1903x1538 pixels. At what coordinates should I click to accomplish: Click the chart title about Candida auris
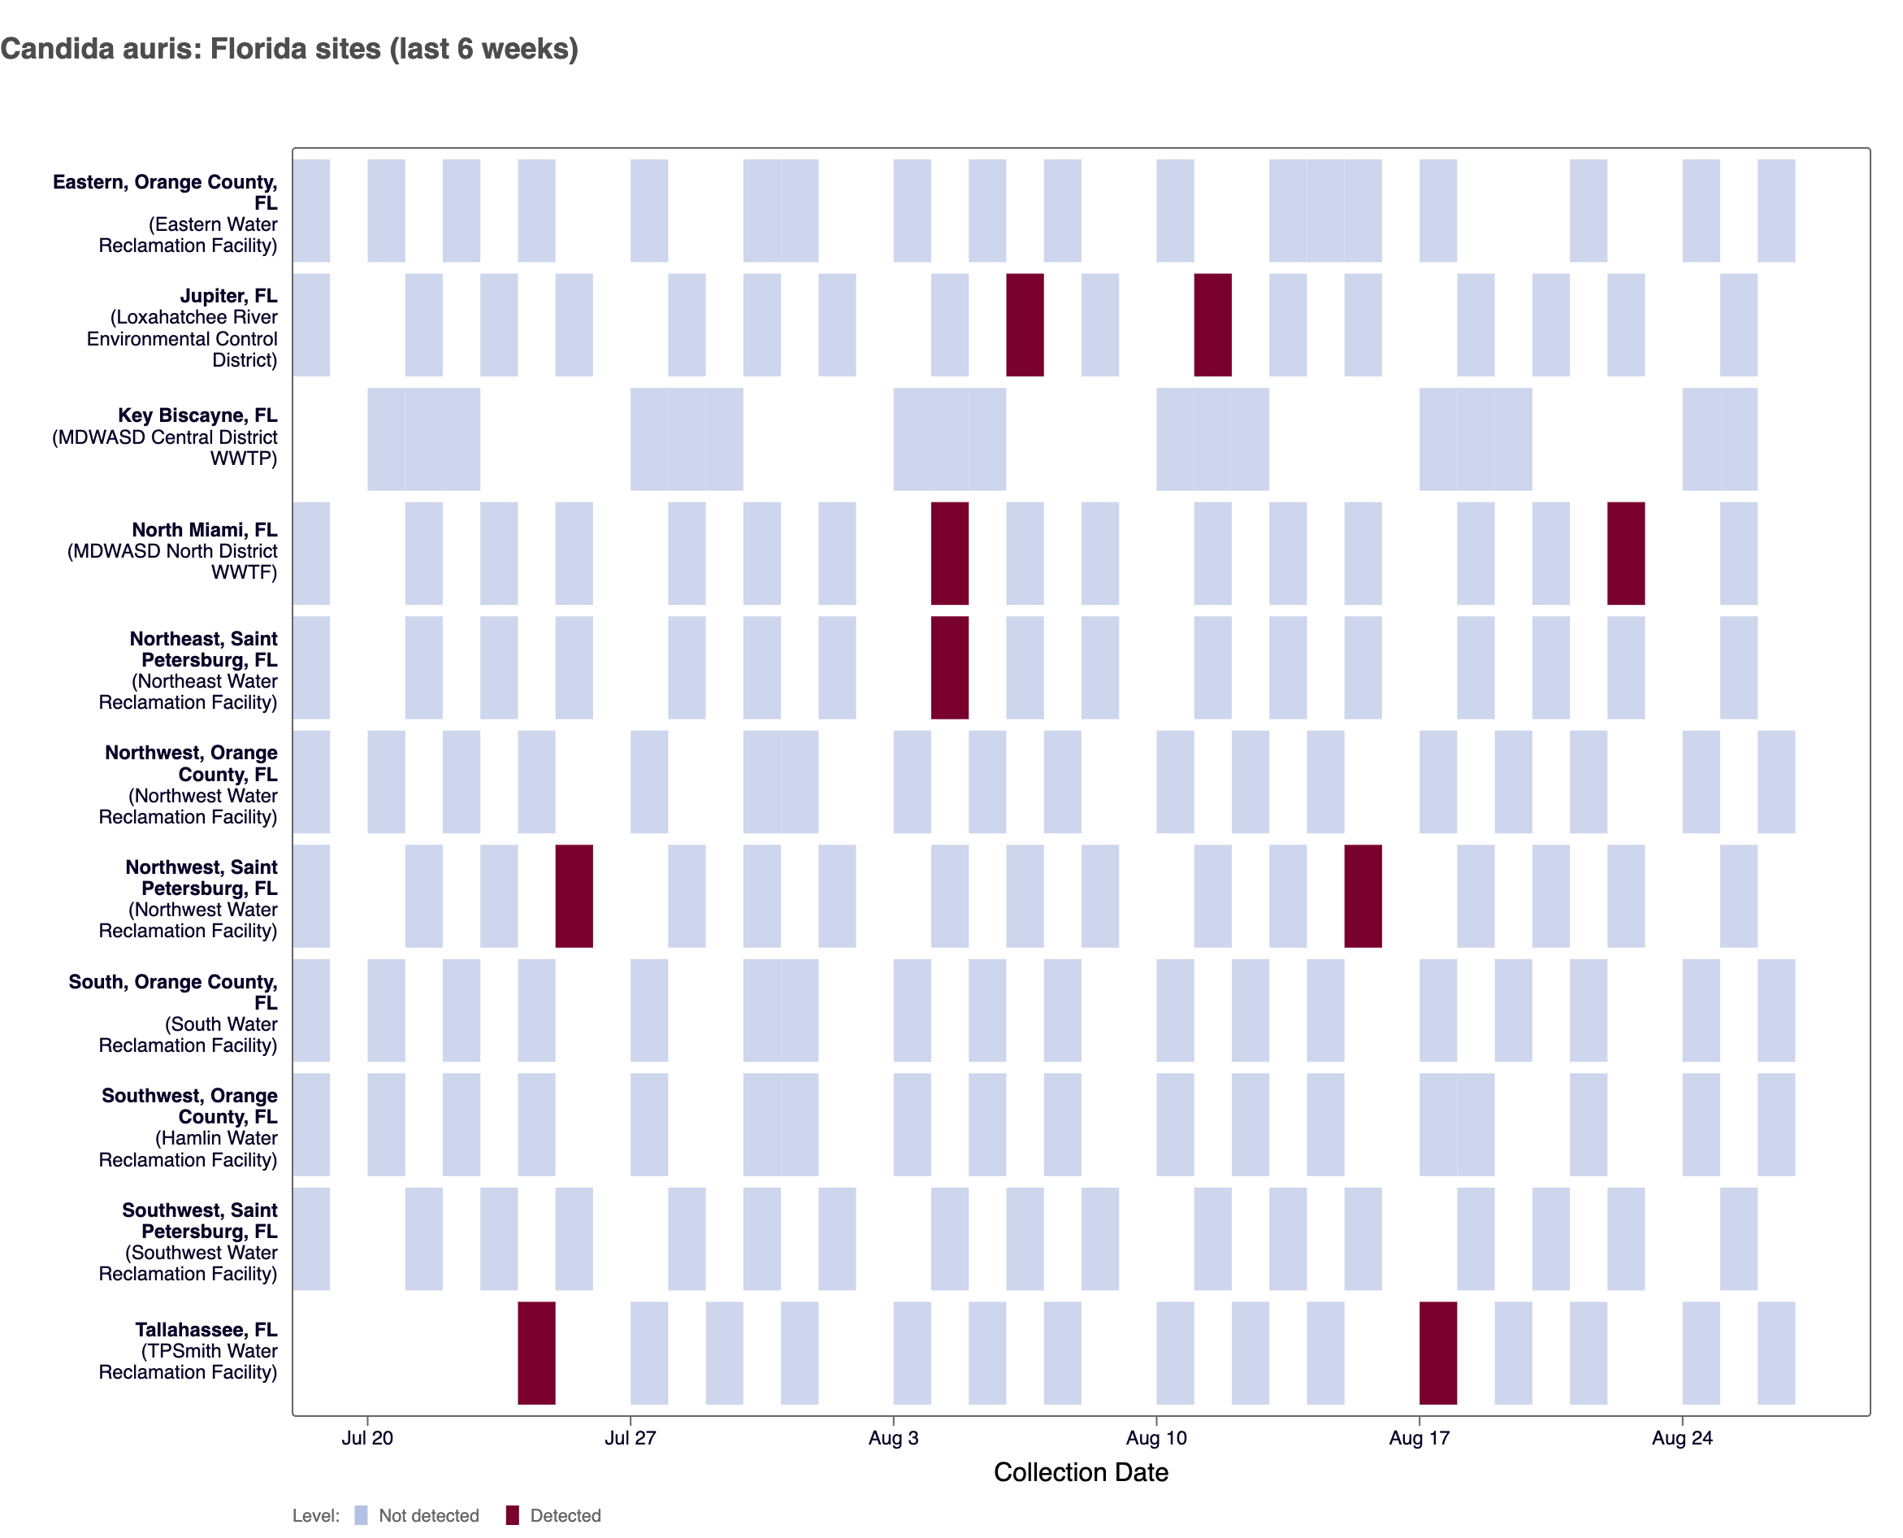point(288,49)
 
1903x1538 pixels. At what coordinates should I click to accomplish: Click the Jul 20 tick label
point(366,1437)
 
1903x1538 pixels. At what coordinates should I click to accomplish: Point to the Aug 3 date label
point(893,1437)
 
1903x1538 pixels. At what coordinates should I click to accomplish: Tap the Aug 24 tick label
point(1682,1437)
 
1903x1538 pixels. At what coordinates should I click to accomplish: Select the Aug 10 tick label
point(1155,1437)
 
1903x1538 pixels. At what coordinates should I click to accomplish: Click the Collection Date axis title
point(1081,1471)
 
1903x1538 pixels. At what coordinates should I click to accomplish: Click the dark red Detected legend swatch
point(512,1515)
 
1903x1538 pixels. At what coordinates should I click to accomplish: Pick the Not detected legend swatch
point(361,1515)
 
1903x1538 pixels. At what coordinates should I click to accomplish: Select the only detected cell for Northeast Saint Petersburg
point(949,667)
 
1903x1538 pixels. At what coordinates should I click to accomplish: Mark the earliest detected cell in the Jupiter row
point(1025,324)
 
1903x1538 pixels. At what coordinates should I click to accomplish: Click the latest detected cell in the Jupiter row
point(1212,324)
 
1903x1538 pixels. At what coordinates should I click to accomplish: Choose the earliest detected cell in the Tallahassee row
point(535,1352)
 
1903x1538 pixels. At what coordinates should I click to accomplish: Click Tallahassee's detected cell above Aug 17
point(1437,1352)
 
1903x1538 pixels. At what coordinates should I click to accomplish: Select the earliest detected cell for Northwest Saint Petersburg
point(574,896)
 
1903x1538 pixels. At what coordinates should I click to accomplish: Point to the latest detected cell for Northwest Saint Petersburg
point(1362,896)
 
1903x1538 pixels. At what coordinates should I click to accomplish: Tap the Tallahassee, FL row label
point(206,1329)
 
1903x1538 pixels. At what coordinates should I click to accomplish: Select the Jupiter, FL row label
point(228,296)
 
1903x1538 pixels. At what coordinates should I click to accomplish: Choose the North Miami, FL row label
point(204,530)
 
